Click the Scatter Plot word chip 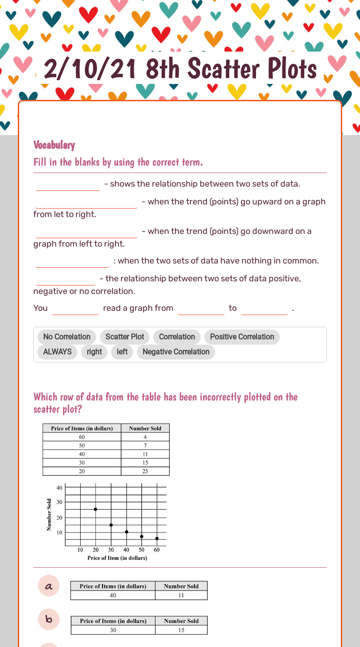tap(125, 337)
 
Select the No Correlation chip tap(67, 337)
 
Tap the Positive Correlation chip tap(242, 337)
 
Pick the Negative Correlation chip tap(176, 352)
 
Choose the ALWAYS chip tap(57, 352)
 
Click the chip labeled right tap(94, 352)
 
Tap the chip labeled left tap(122, 352)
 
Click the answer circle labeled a tap(49, 586)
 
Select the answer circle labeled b tap(49, 620)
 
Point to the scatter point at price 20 tap(96, 509)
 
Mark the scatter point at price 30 tap(111, 525)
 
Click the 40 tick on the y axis tap(60, 488)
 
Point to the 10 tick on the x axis tap(80, 550)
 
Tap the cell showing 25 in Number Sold tap(145, 471)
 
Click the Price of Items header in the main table tap(82, 428)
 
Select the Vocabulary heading tap(54, 145)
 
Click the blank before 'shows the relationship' tap(67, 184)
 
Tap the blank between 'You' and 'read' tap(75, 308)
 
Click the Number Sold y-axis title tap(49, 515)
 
